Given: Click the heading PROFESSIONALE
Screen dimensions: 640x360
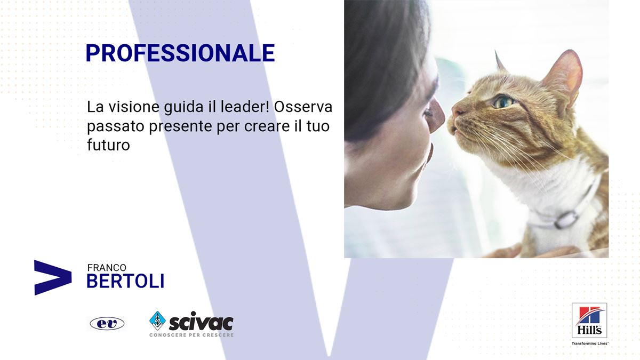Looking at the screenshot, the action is pos(180,53).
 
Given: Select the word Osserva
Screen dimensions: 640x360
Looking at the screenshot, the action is pos(303,107).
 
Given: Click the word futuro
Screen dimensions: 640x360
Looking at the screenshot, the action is pos(109,145).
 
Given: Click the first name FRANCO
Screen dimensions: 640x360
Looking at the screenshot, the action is pos(107,268).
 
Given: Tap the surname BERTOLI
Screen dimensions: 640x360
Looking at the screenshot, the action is pos(125,281).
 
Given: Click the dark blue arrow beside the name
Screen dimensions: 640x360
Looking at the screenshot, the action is pos(53,277).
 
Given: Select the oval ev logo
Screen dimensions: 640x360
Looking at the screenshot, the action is pos(107,324).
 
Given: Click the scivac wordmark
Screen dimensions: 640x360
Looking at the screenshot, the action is pos(201,322).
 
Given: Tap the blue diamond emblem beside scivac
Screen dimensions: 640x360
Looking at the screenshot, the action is pos(157,321).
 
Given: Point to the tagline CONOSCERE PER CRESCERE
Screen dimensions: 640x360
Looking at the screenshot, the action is pos(191,335).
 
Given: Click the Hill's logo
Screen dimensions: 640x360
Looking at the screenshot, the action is pos(589,321).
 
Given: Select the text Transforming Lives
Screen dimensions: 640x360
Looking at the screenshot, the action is pos(590,343).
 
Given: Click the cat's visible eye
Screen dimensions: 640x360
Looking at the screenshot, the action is pos(503,102).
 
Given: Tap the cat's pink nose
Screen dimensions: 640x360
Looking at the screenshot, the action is pos(457,110).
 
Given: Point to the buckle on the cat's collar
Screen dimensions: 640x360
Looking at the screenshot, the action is pos(566,220).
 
